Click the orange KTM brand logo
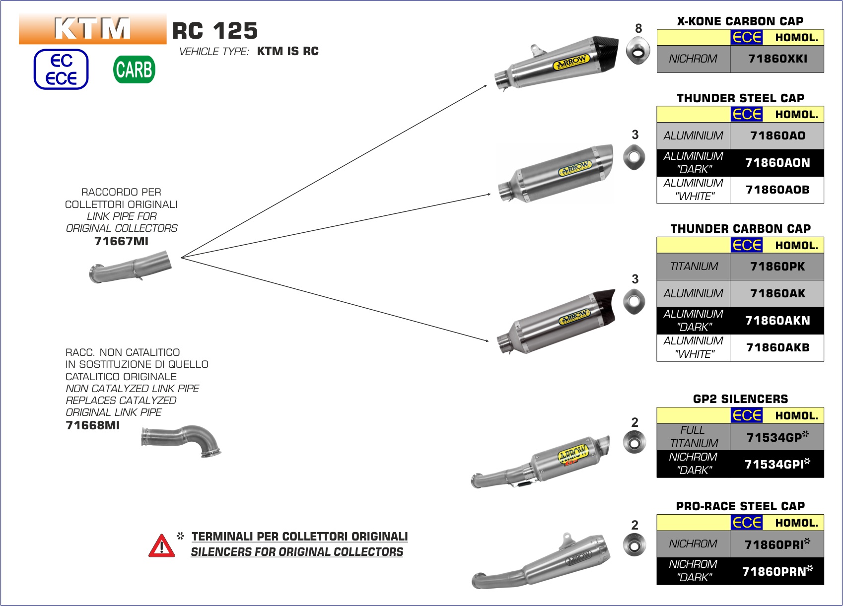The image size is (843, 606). click(x=93, y=29)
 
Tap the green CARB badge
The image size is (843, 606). click(x=134, y=69)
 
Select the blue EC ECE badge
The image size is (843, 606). click(x=61, y=69)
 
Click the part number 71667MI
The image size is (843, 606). click(x=121, y=241)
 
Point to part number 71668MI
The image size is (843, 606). click(x=93, y=425)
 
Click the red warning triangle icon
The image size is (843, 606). click(x=161, y=546)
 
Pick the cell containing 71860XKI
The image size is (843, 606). click(x=777, y=59)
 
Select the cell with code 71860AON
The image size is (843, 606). click(x=777, y=163)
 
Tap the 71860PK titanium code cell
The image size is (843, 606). click(x=777, y=267)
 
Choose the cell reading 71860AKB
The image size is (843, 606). click(x=777, y=347)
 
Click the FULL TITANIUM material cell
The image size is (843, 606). click(x=693, y=437)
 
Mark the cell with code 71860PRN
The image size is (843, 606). click(x=777, y=571)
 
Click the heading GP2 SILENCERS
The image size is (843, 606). click(x=740, y=399)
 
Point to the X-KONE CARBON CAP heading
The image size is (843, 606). click(x=740, y=21)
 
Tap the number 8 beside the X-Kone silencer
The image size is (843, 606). click(x=638, y=29)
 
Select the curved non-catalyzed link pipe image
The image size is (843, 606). click(x=181, y=440)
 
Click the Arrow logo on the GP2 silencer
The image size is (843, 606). click(x=573, y=454)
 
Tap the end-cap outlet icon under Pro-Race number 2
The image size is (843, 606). click(x=634, y=545)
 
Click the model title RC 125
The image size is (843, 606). click(x=215, y=31)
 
